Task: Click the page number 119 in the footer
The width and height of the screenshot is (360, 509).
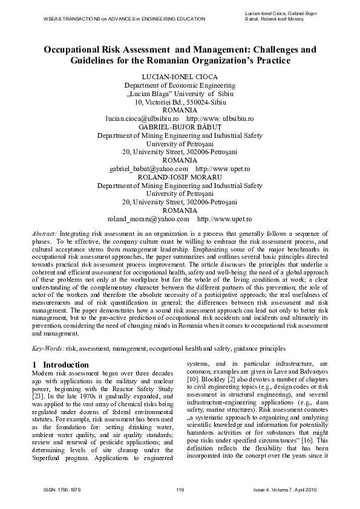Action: tap(180, 489)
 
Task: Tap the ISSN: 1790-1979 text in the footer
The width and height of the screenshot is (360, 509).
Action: tap(57, 489)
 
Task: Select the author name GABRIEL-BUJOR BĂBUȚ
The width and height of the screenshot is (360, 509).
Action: tap(180, 128)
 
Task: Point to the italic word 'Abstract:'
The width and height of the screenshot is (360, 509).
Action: tap(44, 233)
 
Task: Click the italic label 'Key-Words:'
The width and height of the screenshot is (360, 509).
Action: tap(47, 349)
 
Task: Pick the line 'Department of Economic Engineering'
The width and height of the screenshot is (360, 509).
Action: tap(180, 86)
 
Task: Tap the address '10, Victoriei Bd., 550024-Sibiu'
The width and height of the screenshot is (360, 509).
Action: tap(180, 103)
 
